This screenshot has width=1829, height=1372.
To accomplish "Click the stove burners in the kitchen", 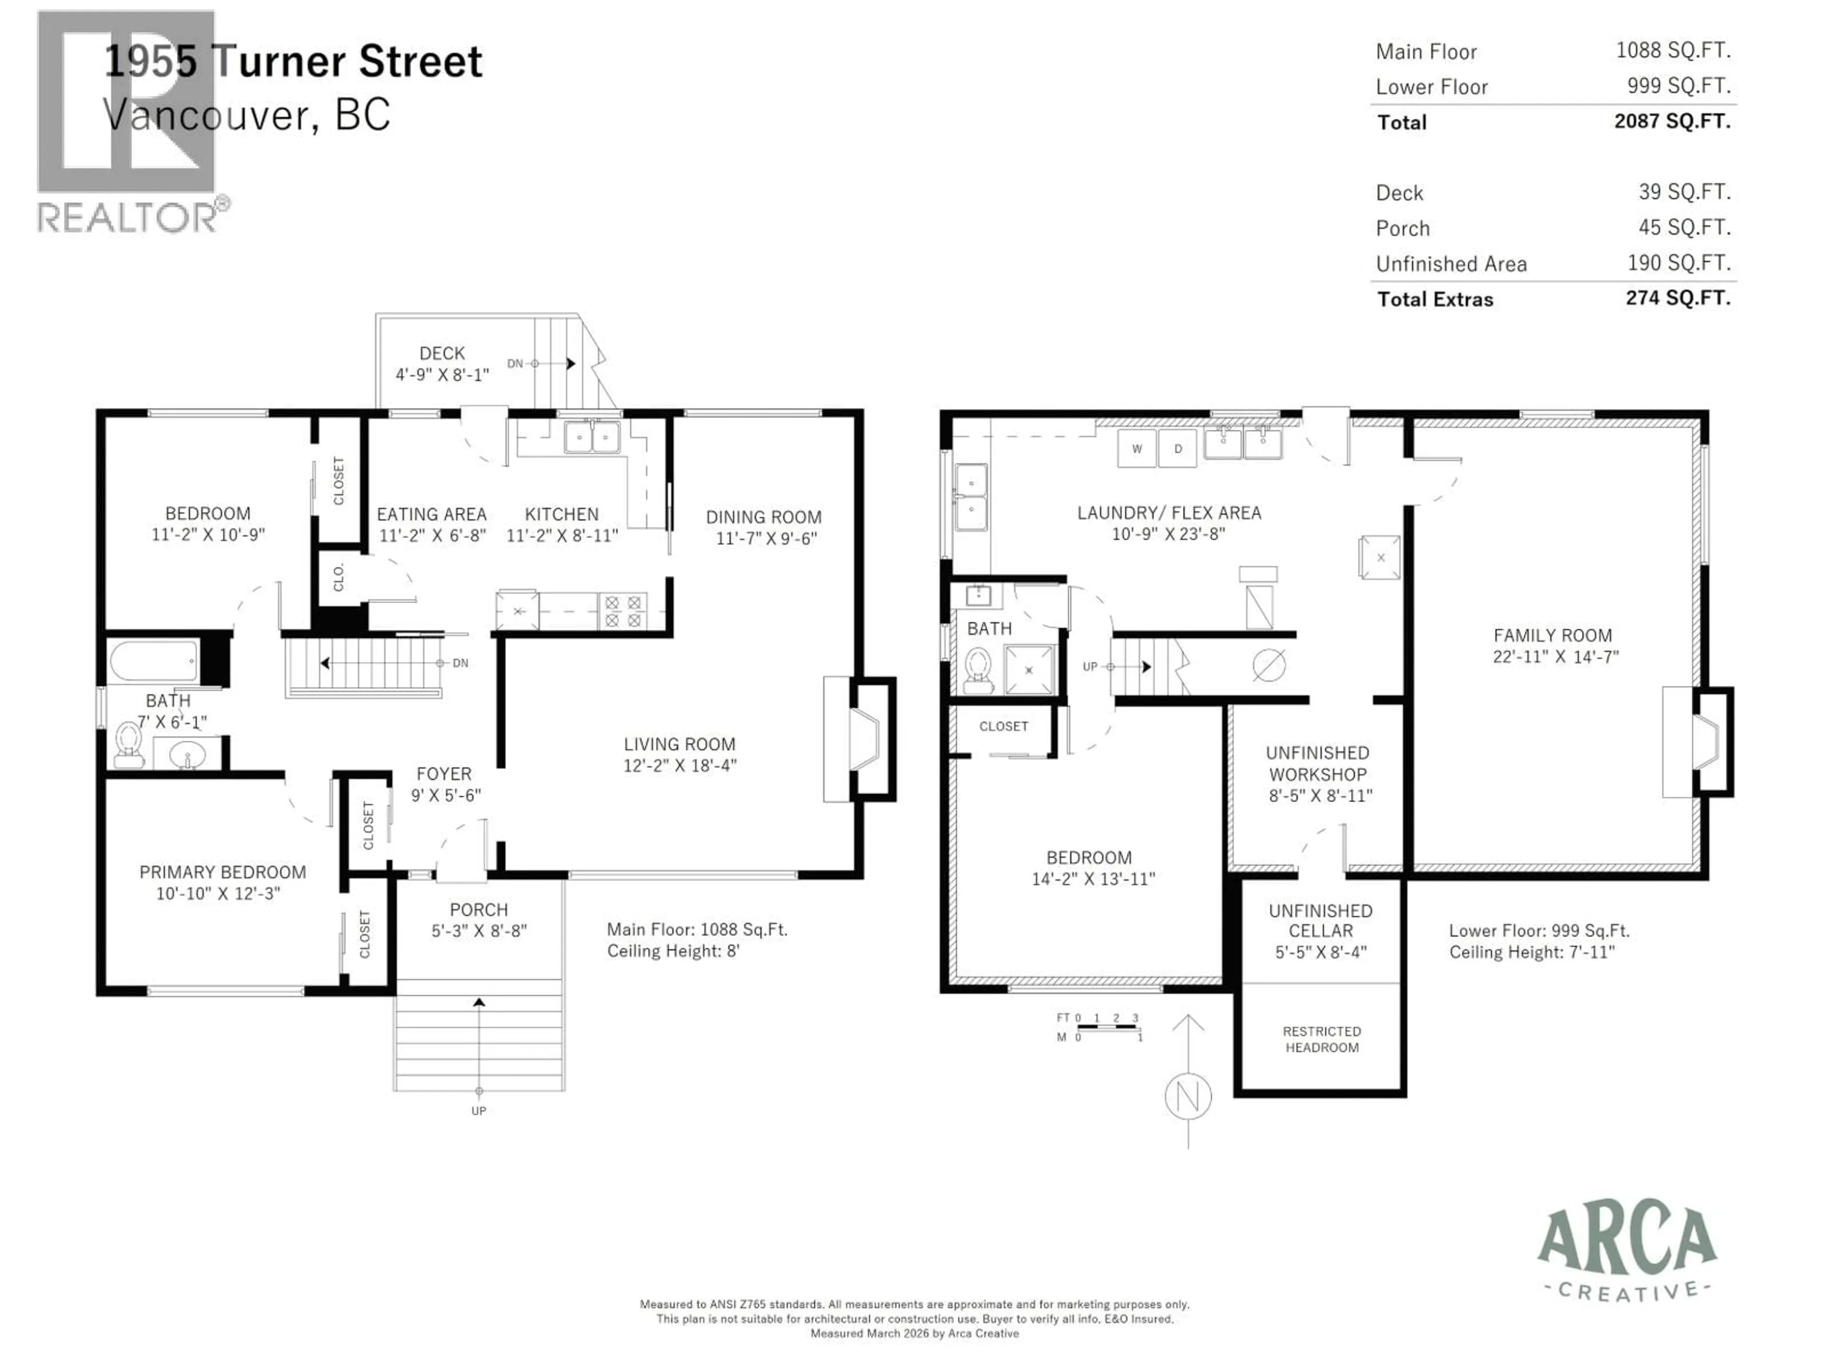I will [x=623, y=611].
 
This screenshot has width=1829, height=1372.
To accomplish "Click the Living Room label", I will [x=679, y=744].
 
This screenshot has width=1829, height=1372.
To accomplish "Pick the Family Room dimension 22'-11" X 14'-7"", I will [x=1555, y=656].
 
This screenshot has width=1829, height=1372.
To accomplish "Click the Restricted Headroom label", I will [x=1321, y=1039].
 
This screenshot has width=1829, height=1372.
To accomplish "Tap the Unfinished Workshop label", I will [x=1318, y=763].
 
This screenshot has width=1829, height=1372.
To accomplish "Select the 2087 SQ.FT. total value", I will [x=1672, y=121].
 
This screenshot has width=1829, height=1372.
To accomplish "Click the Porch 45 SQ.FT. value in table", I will [x=1684, y=227].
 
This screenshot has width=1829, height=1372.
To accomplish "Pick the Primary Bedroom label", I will [x=222, y=872].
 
